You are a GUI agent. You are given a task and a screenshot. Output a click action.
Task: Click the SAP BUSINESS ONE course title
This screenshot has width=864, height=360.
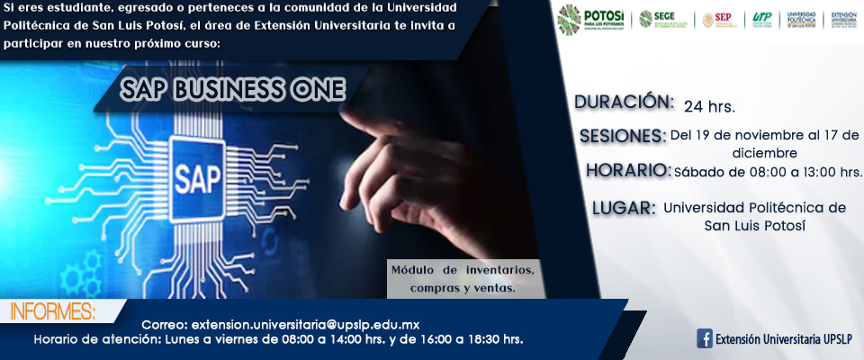click(x=233, y=90)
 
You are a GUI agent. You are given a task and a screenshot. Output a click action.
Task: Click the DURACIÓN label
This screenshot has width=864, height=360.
click(x=624, y=102)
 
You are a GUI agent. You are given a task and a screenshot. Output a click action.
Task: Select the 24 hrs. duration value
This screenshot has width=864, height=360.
click(x=709, y=106)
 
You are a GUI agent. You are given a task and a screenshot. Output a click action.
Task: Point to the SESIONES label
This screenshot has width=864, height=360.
click(x=623, y=136)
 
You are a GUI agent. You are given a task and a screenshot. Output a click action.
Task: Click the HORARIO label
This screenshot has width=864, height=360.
click(x=628, y=170)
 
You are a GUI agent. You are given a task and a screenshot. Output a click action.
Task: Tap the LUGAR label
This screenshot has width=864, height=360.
click(x=623, y=209)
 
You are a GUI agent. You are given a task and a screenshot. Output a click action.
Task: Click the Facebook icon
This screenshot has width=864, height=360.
click(x=706, y=339)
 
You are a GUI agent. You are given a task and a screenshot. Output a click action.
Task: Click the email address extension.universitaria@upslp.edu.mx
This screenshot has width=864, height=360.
click(x=306, y=324)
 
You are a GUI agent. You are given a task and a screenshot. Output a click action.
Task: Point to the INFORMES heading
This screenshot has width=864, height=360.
click(x=52, y=312)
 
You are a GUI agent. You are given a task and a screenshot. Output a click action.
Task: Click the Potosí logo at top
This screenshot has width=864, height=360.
click(x=590, y=19)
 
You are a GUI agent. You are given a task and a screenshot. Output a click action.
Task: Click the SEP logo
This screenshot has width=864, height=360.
click(x=719, y=19)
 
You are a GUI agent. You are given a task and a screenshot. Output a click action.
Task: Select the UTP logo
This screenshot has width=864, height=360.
click(x=761, y=19)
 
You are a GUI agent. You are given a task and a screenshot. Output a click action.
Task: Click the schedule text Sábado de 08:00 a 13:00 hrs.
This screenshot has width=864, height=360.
click(x=768, y=171)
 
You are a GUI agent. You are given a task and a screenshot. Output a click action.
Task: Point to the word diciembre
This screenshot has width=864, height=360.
click(x=765, y=153)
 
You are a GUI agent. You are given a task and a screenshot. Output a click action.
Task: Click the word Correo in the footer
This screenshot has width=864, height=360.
click(x=165, y=324)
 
